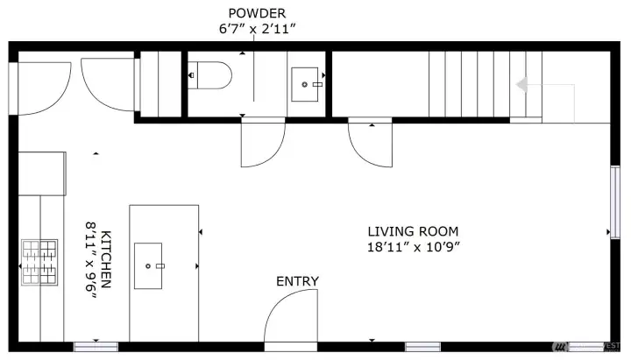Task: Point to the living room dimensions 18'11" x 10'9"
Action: pos(414,247)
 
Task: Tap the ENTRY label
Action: pos(297,281)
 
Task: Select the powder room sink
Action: pos(308,84)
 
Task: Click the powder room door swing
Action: pos(262,143)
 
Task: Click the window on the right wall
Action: pos(614,207)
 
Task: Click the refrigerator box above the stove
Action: pos(42,173)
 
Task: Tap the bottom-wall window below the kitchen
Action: pos(95,345)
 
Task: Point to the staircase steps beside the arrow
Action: pos(473,84)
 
